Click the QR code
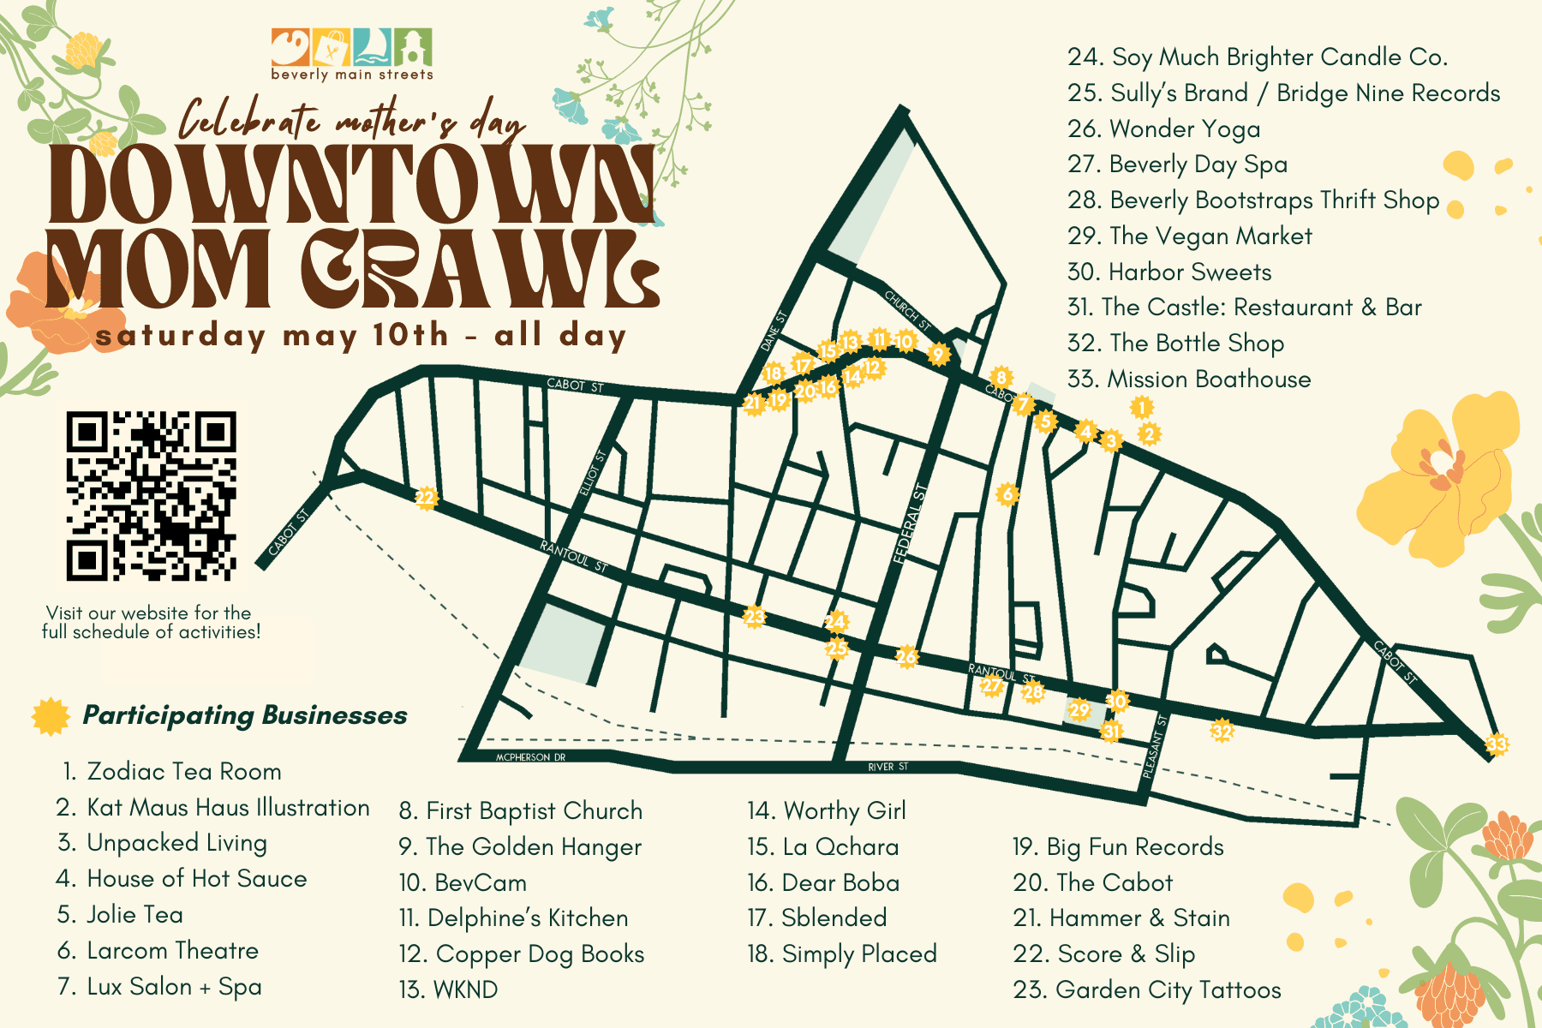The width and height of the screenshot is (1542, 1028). coord(151,496)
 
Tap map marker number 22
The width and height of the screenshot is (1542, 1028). coord(426,498)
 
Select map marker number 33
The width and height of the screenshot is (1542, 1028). coord(1496,744)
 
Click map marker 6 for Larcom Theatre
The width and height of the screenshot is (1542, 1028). coord(1007,494)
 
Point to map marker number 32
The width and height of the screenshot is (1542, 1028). coord(1222,731)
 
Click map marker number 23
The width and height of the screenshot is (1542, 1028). coord(754,616)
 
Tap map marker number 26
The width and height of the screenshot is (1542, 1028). coord(906,657)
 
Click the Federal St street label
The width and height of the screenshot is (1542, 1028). coord(909,523)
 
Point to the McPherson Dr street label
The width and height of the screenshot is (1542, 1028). coord(530,757)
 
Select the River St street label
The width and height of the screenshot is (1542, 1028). coord(888,767)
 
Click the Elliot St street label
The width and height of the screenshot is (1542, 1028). coord(592,472)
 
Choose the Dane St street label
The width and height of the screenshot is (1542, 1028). coord(773,331)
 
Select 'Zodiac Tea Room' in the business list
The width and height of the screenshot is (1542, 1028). coord(183,771)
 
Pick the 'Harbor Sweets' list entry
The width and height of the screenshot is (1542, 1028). coord(1189,272)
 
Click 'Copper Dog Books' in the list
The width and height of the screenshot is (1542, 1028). coord(539,953)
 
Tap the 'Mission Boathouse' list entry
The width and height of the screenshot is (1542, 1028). coord(1208,379)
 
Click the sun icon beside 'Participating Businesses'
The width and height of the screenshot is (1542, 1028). coord(51,716)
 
